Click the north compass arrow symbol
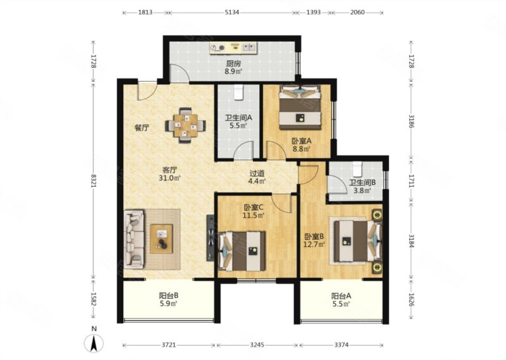point(94,343)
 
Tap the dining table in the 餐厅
point(185,125)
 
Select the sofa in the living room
point(134,239)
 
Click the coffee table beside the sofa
point(161,239)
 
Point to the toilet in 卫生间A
point(238,92)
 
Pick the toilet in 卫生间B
point(357,167)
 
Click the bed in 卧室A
point(300,107)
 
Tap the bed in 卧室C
point(242,251)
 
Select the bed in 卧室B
point(357,241)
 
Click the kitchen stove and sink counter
point(233,48)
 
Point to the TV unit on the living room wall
point(211,238)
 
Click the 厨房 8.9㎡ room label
point(233,67)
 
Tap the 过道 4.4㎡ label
point(257,177)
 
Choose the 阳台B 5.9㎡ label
point(168,299)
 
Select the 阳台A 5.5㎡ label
point(341,300)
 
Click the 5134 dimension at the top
point(232,12)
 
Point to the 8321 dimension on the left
point(93,180)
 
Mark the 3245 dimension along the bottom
point(257,345)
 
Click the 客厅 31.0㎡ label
point(169,173)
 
